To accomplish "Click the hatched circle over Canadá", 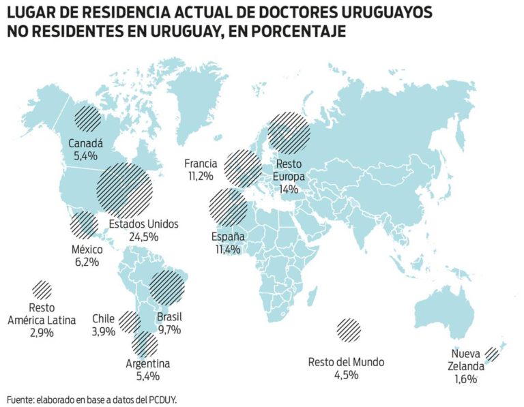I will click(87, 119).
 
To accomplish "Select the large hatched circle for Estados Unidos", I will click(123, 186).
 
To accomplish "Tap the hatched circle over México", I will click(84, 224).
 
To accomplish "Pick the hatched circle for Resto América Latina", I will click(42, 290).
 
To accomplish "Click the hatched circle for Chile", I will click(129, 320).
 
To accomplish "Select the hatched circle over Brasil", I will click(168, 288).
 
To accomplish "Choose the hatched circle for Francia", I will click(242, 168).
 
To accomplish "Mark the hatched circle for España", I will click(229, 208).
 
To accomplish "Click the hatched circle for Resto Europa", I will click(288, 132).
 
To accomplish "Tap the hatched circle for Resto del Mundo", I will click(349, 330).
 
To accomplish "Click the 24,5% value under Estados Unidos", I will click(143, 237).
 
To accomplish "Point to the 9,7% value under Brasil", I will click(169, 330).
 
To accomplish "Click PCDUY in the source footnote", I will click(162, 399).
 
